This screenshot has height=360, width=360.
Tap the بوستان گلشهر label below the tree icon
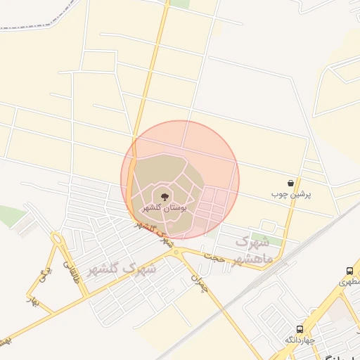pos(164,208)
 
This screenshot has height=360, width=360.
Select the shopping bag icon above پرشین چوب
pos(291,183)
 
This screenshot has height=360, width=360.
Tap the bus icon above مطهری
pos(349,271)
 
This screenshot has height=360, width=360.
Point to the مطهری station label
pos(349,281)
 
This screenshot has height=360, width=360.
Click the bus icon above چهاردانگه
pos(300,329)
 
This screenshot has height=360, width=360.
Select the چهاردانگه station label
pos(299,340)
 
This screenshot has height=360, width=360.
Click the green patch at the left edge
pos(10,216)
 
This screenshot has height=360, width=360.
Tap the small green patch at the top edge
pos(180,4)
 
